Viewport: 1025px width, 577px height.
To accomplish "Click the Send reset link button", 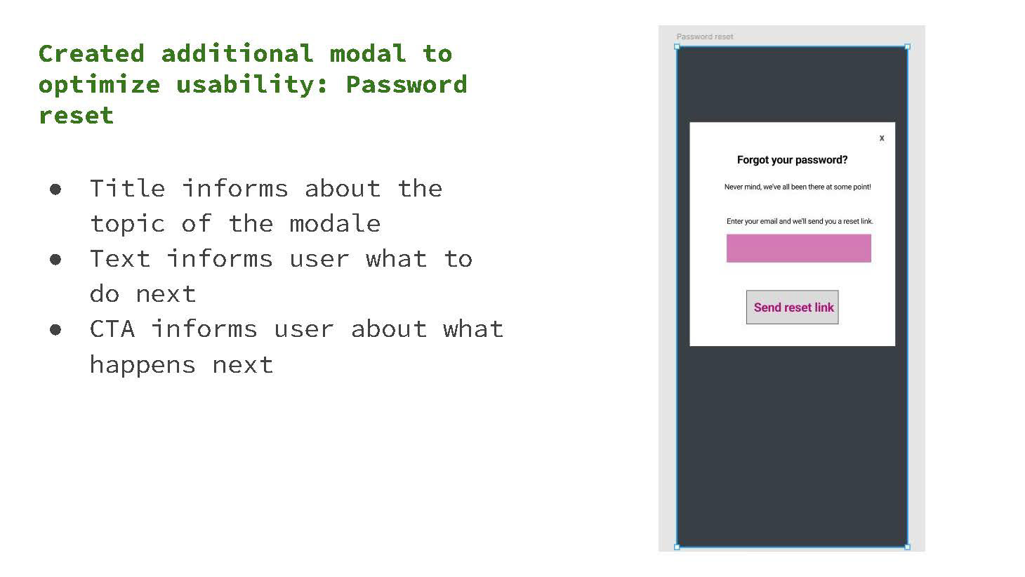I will point(793,307).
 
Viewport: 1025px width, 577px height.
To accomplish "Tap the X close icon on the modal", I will point(882,138).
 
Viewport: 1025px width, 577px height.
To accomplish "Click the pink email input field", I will point(798,248).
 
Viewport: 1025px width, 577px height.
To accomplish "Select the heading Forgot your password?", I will point(792,160).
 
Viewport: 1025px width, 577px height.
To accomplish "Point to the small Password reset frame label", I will point(704,37).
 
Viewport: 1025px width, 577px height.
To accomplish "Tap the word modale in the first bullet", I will point(335,224).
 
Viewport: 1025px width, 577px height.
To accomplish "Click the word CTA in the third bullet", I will point(112,329).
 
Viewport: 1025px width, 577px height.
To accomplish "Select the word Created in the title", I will point(91,53).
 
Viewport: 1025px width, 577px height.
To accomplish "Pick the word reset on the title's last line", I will point(76,115).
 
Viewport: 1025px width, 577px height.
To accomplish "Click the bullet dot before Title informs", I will point(55,190).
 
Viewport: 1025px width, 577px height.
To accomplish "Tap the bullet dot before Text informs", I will point(55,260).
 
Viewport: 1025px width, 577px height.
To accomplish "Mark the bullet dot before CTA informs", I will point(55,330).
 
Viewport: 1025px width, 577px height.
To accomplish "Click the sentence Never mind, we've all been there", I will point(797,187).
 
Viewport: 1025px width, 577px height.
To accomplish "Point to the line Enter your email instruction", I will point(800,221).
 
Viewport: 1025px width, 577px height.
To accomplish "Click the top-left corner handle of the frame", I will point(677,47).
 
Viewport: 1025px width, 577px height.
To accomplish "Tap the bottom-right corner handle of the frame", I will point(907,547).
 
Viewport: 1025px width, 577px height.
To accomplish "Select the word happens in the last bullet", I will point(143,365).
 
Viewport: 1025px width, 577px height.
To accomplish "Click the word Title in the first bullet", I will point(127,189).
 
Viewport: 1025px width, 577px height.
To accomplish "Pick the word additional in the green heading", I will point(237,53).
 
